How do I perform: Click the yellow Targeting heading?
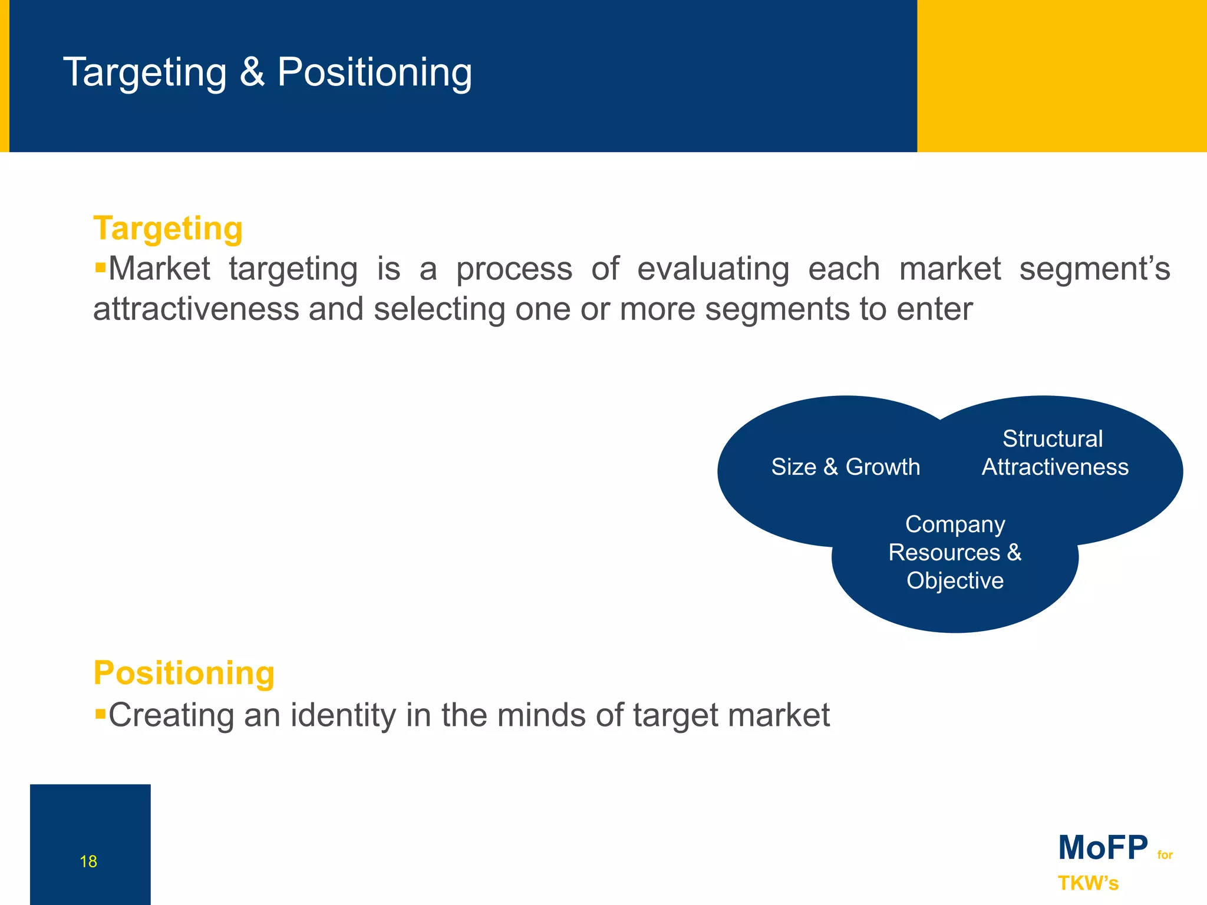[x=168, y=229]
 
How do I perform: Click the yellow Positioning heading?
[x=184, y=673]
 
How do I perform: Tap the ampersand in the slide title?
[x=252, y=72]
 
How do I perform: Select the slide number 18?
[x=88, y=861]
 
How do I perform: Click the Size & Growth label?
[x=845, y=467]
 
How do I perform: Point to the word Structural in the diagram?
[x=1053, y=439]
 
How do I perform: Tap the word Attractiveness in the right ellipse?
[x=1055, y=467]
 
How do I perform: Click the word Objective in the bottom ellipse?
[x=955, y=581]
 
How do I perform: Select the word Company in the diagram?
[x=955, y=524]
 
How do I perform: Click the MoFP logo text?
[x=1103, y=848]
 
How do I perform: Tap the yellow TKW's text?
[x=1088, y=883]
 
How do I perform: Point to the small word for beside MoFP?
[x=1165, y=855]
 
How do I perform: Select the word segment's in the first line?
[x=1094, y=269]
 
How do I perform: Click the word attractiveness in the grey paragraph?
[x=196, y=309]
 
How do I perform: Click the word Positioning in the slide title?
[x=374, y=72]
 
